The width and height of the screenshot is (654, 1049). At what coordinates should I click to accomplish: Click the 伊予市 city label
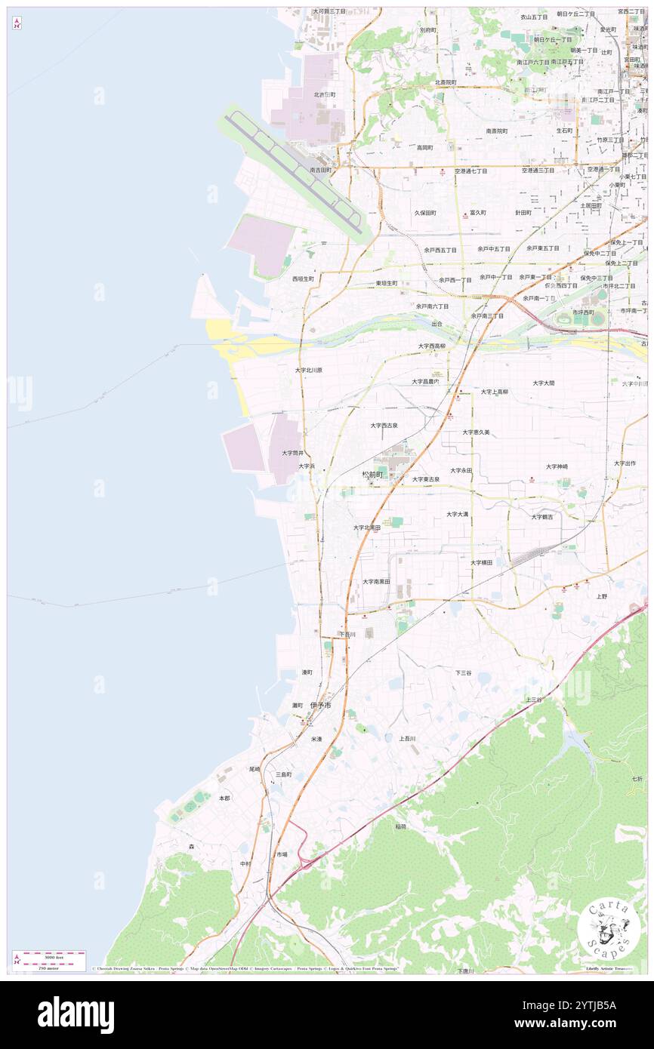[321, 705]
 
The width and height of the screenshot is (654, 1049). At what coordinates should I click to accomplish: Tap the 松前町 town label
[373, 474]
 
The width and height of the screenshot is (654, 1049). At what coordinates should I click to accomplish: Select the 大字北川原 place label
[309, 371]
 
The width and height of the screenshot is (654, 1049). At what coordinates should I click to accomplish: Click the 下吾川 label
[347, 635]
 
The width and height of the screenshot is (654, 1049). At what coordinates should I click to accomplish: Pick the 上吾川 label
[407, 738]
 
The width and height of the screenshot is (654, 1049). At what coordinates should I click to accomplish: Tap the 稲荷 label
[400, 826]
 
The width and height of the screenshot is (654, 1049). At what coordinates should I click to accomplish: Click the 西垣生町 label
[303, 278]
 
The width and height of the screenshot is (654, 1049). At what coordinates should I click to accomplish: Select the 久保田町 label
[425, 213]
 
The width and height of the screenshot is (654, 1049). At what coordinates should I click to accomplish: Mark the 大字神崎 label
[557, 466]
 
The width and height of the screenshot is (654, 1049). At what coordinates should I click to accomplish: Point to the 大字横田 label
[481, 562]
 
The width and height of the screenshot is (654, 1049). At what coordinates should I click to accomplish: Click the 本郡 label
[224, 798]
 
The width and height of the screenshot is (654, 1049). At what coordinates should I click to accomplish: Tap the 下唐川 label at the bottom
[465, 971]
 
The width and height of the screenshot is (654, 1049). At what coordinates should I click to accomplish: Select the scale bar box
[49, 961]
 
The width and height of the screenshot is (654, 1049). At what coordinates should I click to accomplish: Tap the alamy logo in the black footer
[76, 1015]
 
